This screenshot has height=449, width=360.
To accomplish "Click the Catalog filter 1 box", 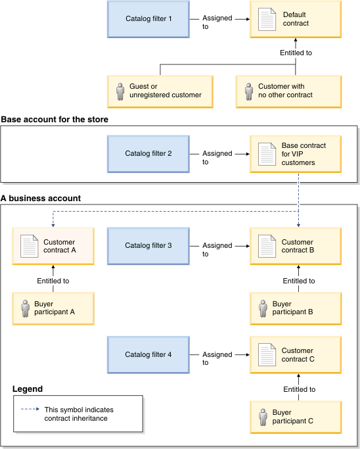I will (x=148, y=18).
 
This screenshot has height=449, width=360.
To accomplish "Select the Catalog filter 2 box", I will (x=148, y=154).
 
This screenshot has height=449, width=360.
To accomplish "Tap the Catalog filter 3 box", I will (x=148, y=246).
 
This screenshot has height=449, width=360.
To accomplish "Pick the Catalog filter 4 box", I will (x=148, y=355).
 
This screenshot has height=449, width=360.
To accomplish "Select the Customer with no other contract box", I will (x=296, y=91).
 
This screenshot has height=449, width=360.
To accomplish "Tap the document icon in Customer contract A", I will (x=30, y=247).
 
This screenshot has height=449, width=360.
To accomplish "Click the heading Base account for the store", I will (x=55, y=120).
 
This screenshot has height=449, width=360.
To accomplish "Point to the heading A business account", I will (x=41, y=198).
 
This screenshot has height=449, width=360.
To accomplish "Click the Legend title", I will (x=28, y=389).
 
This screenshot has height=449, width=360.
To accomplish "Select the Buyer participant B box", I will (x=296, y=308).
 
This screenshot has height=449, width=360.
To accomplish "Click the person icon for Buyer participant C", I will (x=262, y=417).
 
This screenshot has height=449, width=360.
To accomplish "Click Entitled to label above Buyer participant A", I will (x=53, y=281).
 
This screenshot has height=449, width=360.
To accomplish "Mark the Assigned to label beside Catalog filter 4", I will (x=217, y=358).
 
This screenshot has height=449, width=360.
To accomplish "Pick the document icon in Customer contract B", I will (x=267, y=247).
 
